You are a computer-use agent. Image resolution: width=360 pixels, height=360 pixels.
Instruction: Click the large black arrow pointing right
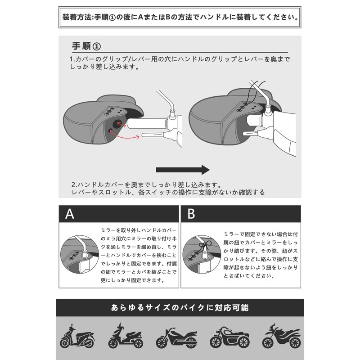pos(182,170)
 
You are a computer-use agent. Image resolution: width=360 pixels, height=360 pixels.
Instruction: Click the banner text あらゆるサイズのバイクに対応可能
pos(180,308)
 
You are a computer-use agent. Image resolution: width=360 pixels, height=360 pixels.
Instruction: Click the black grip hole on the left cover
pos(115,126)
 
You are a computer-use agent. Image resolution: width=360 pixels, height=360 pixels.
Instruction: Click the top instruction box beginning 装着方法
pos(180,18)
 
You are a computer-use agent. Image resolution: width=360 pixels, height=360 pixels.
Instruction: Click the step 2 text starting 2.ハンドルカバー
pos(169,188)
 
